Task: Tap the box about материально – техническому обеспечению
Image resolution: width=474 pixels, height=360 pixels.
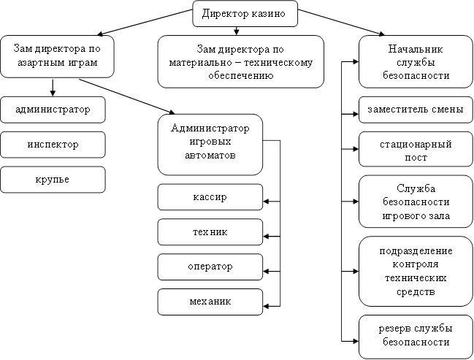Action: (240, 61)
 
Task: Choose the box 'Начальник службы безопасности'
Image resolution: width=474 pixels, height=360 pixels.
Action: (413, 61)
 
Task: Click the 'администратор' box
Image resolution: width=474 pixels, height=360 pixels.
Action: (53, 110)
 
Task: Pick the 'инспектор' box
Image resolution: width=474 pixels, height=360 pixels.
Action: (53, 145)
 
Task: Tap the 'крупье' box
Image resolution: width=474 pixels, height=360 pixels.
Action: (53, 179)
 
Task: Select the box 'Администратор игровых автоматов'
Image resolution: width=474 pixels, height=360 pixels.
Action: (210, 143)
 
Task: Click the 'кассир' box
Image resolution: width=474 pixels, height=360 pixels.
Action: (210, 198)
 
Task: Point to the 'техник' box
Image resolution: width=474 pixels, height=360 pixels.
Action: (210, 232)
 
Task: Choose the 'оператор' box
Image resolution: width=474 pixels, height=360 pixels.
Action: (210, 267)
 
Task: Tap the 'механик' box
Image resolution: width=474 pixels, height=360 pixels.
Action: (210, 301)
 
